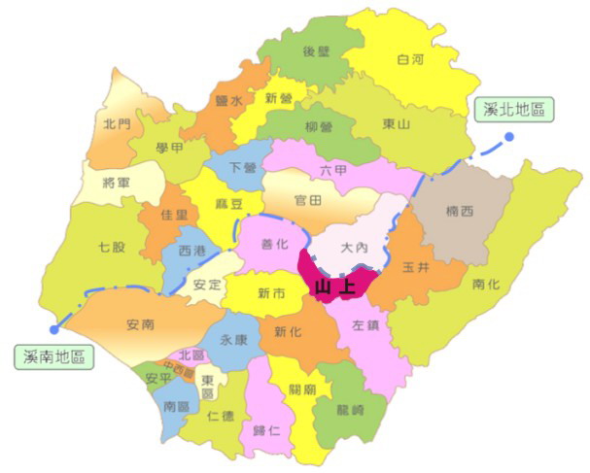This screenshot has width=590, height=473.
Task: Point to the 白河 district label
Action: coord(412,60)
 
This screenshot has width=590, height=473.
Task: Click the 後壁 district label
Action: coord(317,51)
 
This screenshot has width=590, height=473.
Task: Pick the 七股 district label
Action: coord(112,247)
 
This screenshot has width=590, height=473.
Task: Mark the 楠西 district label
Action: coord(460,212)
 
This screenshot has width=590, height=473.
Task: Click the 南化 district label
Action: coord(486,284)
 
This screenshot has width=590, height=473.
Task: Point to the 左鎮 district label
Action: coord(365,326)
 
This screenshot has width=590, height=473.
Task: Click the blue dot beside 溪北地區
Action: coord(508,137)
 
